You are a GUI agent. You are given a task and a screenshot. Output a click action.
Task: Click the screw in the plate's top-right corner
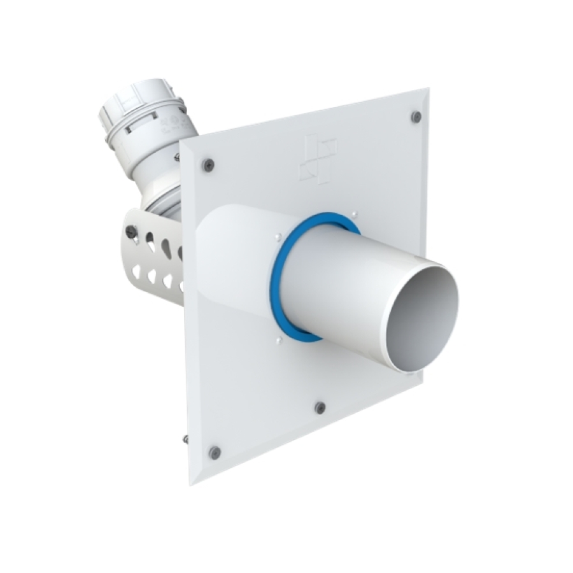[x=416, y=117]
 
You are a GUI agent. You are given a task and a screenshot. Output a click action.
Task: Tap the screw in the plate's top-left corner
[x=208, y=164]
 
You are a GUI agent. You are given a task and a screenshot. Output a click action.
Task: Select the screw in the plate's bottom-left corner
[x=215, y=452]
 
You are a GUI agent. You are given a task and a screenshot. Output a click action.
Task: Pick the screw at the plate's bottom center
[x=320, y=407]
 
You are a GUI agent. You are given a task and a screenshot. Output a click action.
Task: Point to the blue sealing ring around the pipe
[x=278, y=280]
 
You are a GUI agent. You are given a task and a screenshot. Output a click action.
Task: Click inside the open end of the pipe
[x=423, y=318]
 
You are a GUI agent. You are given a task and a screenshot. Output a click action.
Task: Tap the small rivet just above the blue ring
[x=354, y=214]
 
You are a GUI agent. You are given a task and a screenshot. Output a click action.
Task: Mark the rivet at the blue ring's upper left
[x=278, y=237]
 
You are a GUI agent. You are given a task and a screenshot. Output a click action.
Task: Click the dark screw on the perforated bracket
[x=132, y=232]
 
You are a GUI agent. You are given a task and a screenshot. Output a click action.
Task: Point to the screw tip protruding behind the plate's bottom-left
[x=185, y=439]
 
